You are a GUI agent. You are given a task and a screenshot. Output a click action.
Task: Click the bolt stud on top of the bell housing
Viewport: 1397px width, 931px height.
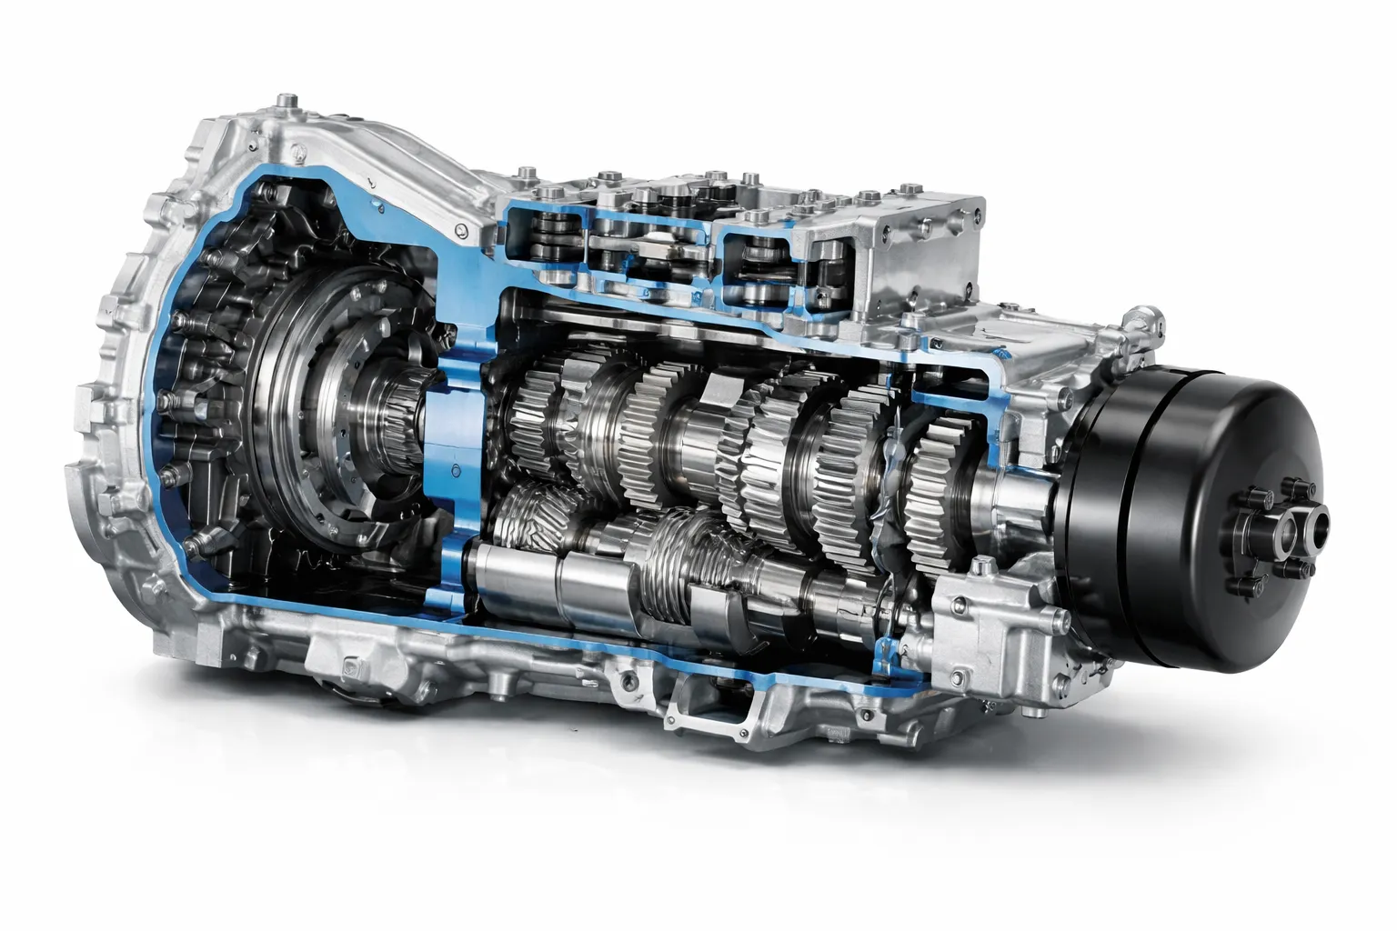288,98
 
